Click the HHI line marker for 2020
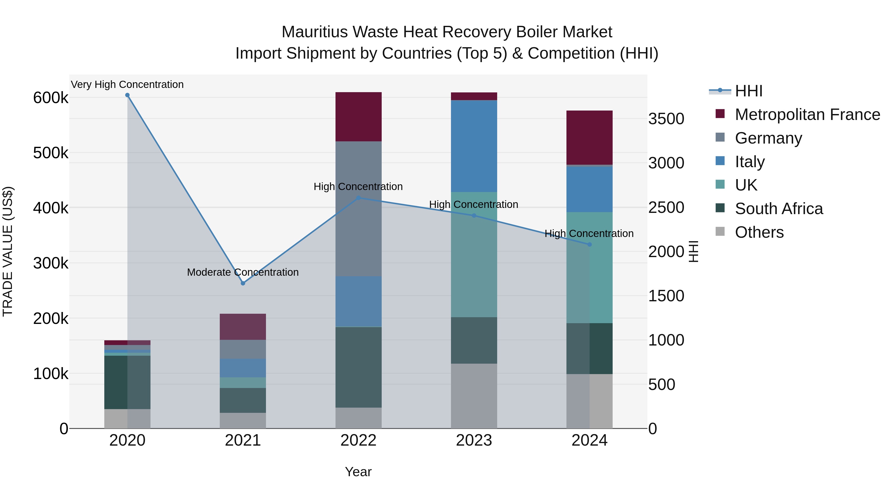coord(127,95)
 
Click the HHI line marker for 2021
coord(243,283)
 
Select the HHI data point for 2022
coord(359,198)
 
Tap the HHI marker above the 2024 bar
coord(589,244)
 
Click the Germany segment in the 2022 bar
coord(359,208)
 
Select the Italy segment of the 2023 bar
coord(474,146)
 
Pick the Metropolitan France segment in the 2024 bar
coord(589,137)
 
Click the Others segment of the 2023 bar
coord(474,396)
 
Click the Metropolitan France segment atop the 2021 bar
coord(243,326)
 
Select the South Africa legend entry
coord(779,209)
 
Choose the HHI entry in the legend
coord(748,91)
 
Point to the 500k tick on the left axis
coord(51,153)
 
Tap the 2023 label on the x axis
coord(474,440)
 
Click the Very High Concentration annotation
coord(127,84)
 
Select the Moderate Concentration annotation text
coord(243,272)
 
